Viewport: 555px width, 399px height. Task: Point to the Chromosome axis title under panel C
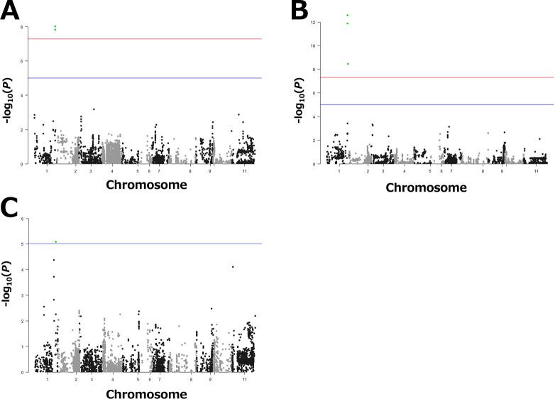(x=147, y=393)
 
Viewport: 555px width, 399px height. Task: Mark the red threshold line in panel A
(x=142, y=39)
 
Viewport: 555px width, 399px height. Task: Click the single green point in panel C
(x=56, y=242)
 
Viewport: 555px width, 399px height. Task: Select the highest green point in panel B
(x=347, y=15)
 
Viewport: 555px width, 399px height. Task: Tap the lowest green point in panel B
(x=347, y=64)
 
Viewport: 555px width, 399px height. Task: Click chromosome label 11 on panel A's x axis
(x=244, y=171)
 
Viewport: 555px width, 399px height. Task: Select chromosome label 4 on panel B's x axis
(x=405, y=171)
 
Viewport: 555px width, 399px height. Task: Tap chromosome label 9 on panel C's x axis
(x=210, y=380)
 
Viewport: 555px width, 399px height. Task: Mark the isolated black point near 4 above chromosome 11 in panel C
(x=233, y=267)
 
